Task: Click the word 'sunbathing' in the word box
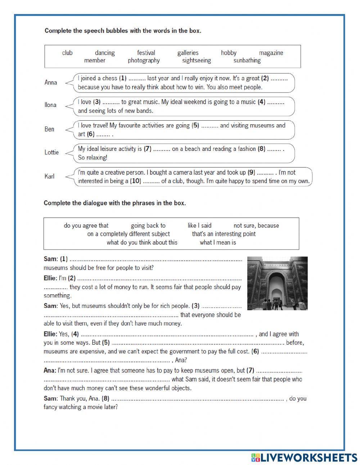point(247,61)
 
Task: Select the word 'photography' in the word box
point(144,61)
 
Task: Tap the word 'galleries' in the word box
point(188,53)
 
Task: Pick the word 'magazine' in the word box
point(271,53)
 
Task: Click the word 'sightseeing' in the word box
point(196,61)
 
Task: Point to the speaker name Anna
point(51,82)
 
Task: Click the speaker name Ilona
point(50,105)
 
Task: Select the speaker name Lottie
point(51,152)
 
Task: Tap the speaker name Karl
point(50,176)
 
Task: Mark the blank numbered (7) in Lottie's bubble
point(162,149)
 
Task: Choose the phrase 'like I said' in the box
point(199,226)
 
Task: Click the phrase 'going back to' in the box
point(148,226)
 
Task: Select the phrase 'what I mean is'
point(218,242)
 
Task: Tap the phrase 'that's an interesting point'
point(224,234)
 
